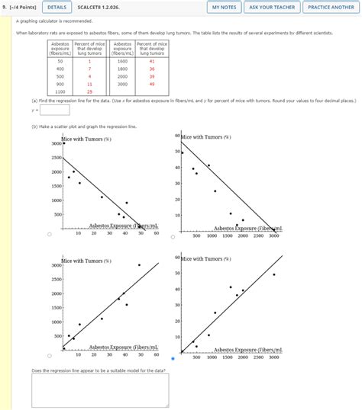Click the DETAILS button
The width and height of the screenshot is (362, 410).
coord(57,7)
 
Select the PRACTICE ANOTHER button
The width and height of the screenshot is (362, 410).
coord(331,7)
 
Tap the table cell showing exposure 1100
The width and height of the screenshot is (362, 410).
coord(60,91)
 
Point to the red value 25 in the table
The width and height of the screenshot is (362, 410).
coord(89,91)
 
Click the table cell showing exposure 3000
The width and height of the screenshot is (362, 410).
coord(122,84)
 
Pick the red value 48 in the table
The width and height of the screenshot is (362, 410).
coord(152,84)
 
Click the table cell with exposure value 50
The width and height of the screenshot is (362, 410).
coord(60,60)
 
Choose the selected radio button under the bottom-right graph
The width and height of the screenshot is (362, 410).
coord(173,358)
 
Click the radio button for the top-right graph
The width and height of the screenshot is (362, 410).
coord(173,235)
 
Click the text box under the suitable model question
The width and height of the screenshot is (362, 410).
coord(100,390)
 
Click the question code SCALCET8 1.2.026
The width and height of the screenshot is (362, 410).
coord(98,7)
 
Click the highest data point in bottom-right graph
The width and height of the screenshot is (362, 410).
coord(273,274)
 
